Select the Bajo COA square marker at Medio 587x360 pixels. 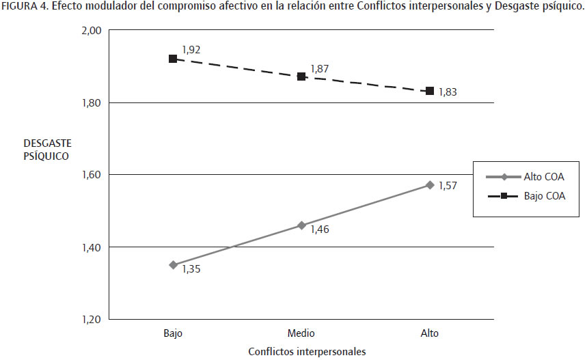coord(301,77)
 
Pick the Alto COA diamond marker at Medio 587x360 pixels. coord(301,225)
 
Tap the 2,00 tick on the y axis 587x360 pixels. coord(91,31)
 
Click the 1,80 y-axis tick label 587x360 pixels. coord(91,103)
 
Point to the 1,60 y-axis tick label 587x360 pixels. coord(91,175)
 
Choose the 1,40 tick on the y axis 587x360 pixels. coord(91,247)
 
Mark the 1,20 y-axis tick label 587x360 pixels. coord(91,319)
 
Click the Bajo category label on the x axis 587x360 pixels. coord(173,333)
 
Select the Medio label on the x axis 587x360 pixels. coord(301,333)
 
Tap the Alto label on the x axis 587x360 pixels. coord(430,333)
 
